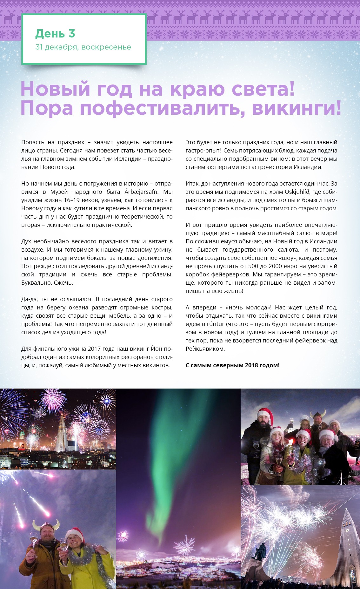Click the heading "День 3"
(55, 33)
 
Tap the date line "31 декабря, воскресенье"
(83, 47)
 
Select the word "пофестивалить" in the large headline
(162, 108)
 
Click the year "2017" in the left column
(94, 349)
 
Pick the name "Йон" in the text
(157, 349)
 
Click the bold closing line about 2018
(232, 365)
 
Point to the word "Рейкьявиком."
(205, 349)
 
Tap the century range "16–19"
(72, 200)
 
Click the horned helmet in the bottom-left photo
(46, 525)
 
